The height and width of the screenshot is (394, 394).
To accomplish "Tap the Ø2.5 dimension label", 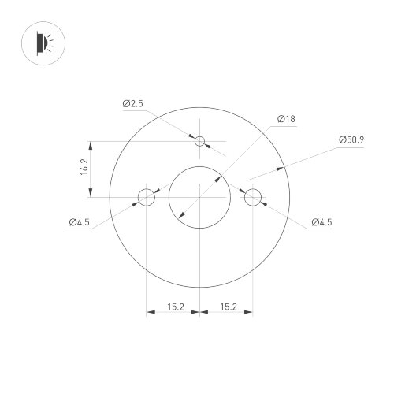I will pos(132,103).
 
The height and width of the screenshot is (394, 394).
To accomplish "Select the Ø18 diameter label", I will pos(286,119).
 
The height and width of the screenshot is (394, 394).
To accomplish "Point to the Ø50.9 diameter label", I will pos(351,139).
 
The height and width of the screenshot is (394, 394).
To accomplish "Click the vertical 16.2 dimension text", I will pos(84,169).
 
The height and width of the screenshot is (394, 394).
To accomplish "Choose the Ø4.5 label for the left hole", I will pos(80,223).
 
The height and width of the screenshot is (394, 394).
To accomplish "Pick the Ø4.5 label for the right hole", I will pos(321,223).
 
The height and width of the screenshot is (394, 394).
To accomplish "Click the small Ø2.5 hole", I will pos(200,142).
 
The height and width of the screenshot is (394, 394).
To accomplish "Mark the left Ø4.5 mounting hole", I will pos(147,197).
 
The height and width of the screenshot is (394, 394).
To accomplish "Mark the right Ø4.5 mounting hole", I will pos(253,197).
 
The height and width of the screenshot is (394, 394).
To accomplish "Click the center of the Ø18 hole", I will pos(200,197).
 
